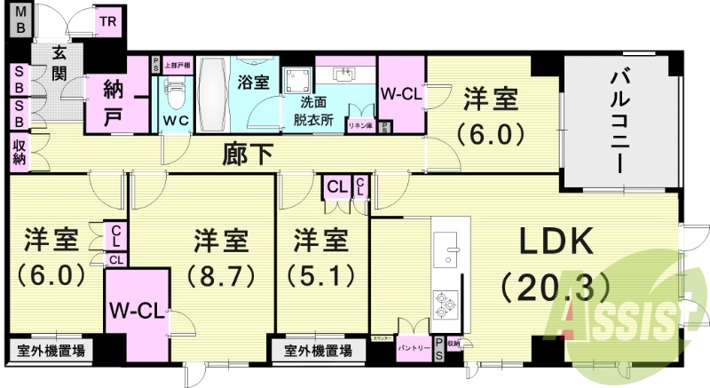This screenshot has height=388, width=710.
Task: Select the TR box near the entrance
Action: point(107,21)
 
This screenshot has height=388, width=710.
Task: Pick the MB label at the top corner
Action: point(18,19)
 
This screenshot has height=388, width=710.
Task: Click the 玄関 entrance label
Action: point(59,62)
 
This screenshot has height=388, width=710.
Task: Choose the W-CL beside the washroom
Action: point(401,91)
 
